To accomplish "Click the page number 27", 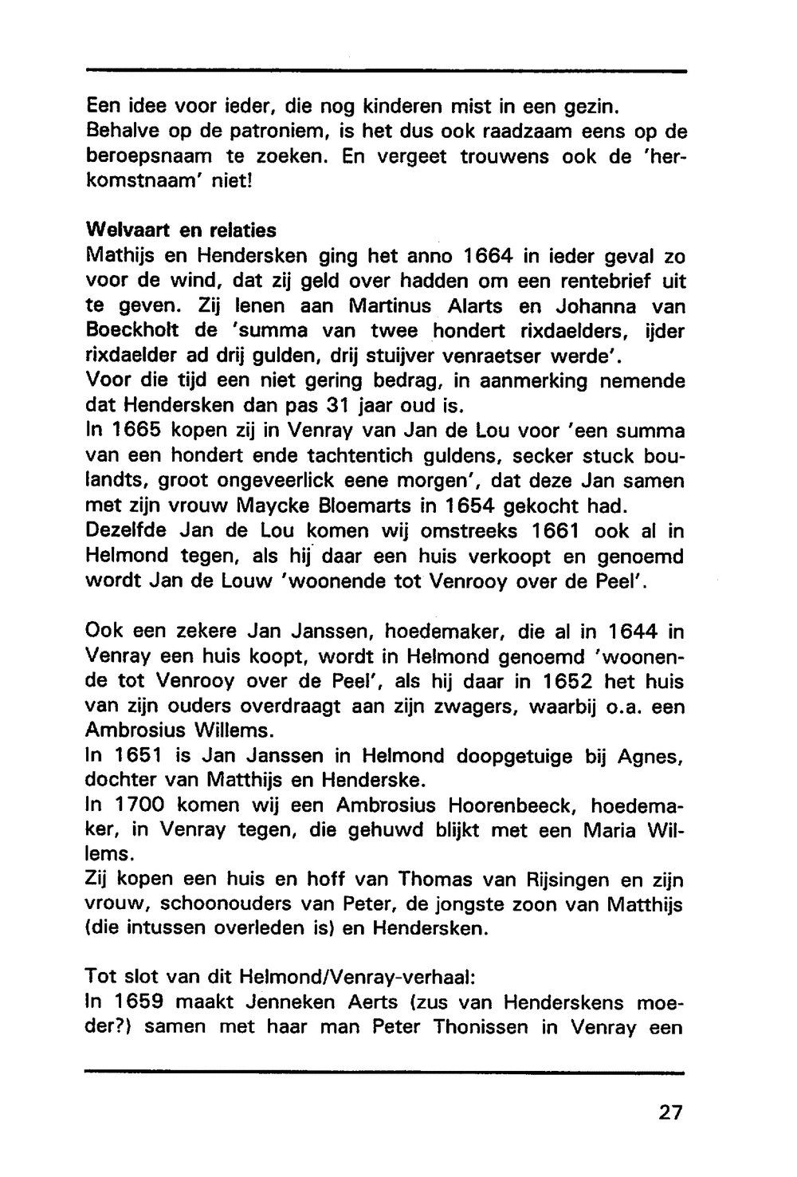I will [671, 1112].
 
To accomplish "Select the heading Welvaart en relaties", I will [181, 230].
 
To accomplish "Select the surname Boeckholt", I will [139, 331].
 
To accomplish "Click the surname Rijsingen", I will [562, 880].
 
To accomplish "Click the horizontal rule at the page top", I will [386, 71].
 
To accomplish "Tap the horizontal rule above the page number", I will [386, 1073].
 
